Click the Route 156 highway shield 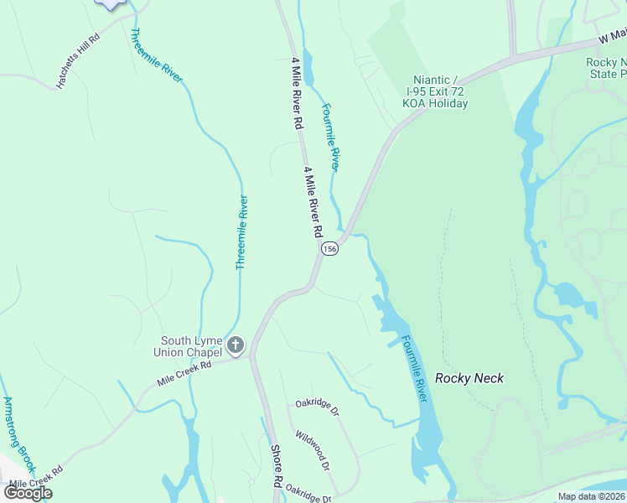tap(330, 250)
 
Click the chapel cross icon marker tap(236, 345)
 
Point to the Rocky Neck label tap(469, 378)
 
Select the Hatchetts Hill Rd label tap(78, 61)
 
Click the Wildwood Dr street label tap(312, 450)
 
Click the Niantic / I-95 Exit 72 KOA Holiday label tap(435, 91)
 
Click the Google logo tap(28, 493)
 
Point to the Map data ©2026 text tap(592, 496)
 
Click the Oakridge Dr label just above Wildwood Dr tap(316, 407)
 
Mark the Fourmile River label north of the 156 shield tap(332, 137)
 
